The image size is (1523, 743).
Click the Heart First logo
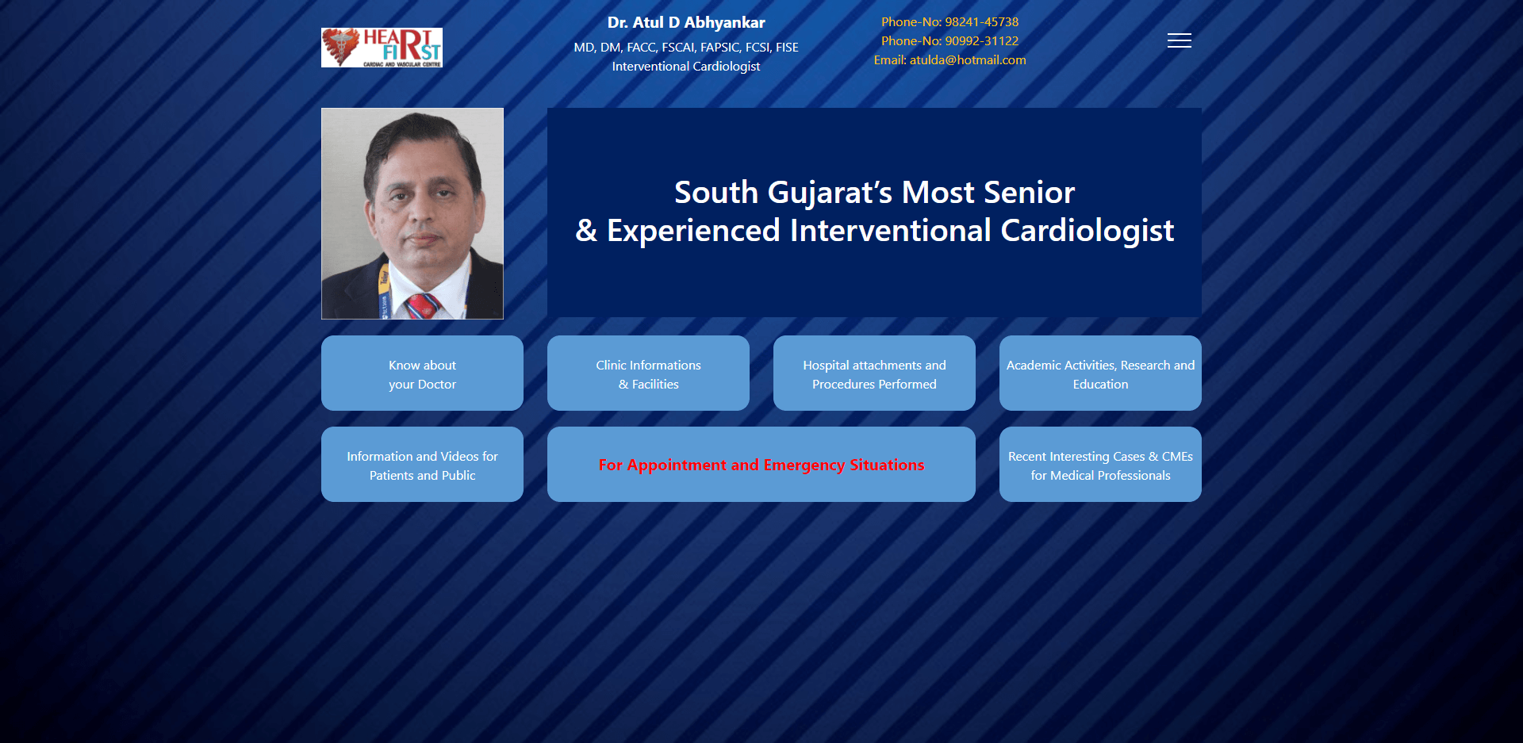(382, 48)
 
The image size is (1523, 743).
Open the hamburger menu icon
(1180, 40)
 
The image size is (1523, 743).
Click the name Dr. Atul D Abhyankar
(686, 22)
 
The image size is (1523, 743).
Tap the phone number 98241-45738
(982, 22)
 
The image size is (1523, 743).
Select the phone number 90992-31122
(982, 41)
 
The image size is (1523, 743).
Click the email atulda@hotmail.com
(968, 60)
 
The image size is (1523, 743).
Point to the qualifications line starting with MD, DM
(686, 48)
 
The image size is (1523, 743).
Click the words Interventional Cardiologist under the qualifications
(686, 67)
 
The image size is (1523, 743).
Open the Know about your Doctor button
(422, 373)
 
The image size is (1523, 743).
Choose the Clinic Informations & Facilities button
(648, 373)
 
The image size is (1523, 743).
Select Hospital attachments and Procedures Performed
(874, 373)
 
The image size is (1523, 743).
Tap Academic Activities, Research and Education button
(1100, 373)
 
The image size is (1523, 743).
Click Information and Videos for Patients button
(422, 464)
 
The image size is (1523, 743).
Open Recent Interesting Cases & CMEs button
(1100, 464)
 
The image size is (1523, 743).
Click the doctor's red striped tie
(422, 306)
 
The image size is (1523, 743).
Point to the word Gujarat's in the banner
(830, 193)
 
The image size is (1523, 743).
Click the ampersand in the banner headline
(586, 231)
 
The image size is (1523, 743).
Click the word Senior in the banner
(1030, 193)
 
